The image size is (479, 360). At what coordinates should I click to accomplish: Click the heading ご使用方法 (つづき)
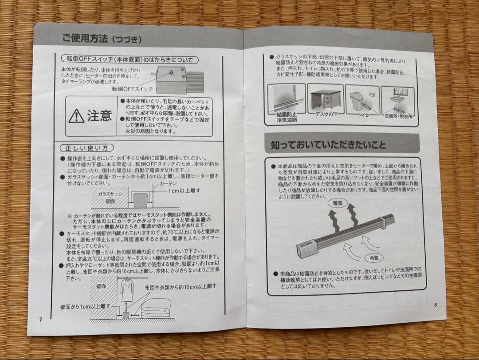(x=102, y=40)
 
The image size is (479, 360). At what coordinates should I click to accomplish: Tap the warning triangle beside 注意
(x=77, y=116)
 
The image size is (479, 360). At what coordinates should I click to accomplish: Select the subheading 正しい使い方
(x=86, y=147)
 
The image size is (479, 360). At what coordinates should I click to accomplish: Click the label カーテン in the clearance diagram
(x=168, y=183)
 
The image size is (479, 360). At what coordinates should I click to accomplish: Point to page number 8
(x=435, y=305)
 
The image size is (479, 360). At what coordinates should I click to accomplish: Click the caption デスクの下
(x=327, y=115)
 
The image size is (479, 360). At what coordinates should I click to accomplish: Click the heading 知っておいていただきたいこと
(x=328, y=145)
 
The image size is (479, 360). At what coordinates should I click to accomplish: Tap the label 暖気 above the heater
(x=338, y=203)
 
